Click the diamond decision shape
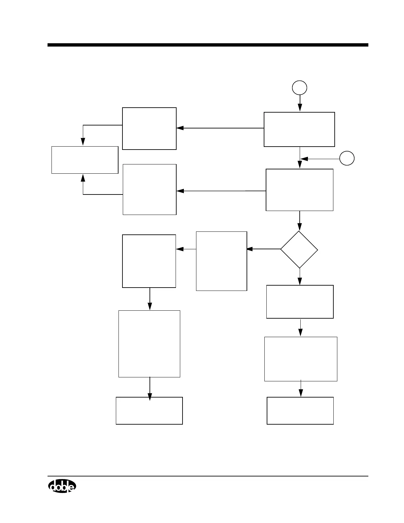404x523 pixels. [299, 250]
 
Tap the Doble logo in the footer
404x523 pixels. [62, 486]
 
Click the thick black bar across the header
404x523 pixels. [208, 45]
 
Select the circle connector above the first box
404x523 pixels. [300, 88]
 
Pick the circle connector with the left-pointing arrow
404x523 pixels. [347, 158]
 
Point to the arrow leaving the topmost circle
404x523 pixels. [300, 103]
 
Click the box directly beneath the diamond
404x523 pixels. [300, 302]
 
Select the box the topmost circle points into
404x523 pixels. [299, 129]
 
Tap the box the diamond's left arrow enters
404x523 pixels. [221, 261]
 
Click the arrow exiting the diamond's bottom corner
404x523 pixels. [300, 277]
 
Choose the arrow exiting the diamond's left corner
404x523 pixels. [263, 249]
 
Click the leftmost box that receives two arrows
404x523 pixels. [85, 160]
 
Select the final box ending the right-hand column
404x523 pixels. [300, 411]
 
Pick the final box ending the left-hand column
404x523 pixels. [149, 411]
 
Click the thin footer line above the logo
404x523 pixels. [208, 476]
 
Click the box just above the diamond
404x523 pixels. [299, 190]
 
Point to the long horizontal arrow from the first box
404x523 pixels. [220, 128]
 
